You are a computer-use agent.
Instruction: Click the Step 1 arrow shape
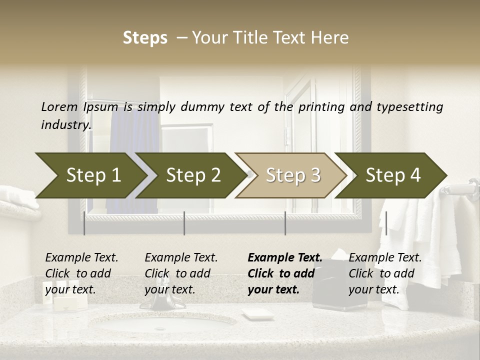93,175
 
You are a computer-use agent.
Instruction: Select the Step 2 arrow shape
193,175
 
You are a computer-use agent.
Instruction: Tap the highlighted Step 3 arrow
293,175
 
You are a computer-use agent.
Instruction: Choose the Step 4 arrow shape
393,175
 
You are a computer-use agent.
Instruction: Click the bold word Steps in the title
145,38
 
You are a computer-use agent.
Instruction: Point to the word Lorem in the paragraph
59,107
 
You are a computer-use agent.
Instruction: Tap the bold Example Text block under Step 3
285,273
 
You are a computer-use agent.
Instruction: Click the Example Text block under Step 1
81,273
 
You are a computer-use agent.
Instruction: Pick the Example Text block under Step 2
181,273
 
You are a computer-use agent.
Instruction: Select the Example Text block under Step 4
385,273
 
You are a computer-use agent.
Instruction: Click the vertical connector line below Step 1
84,223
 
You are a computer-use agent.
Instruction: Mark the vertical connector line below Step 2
184,223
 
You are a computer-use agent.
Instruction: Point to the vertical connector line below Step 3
285,223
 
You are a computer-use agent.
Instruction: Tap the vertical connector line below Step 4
386,223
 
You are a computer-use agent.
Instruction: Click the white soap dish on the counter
257,314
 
